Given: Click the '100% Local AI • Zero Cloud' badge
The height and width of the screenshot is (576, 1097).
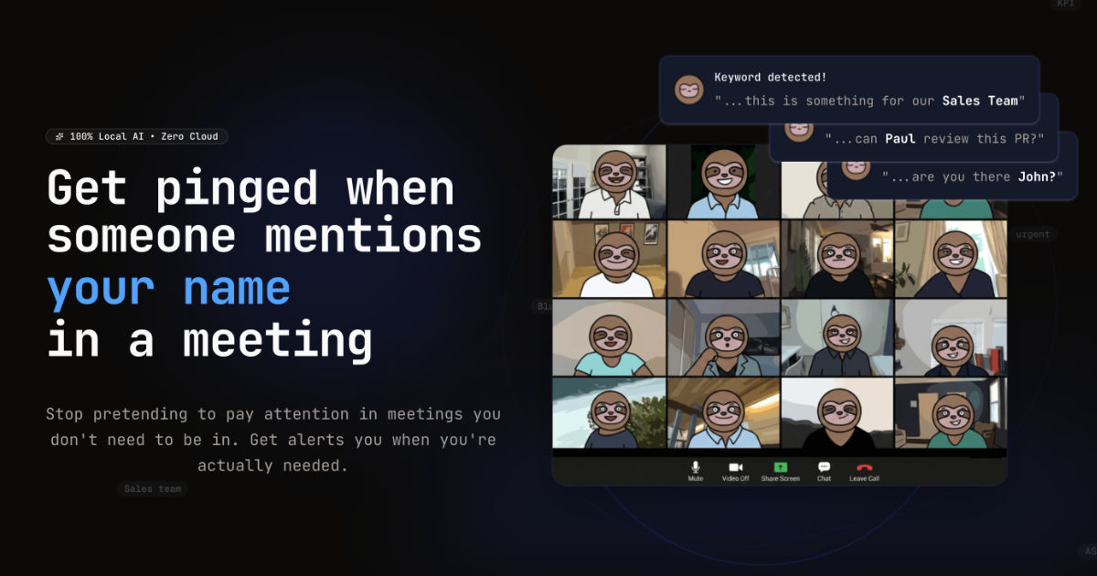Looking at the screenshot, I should [137, 136].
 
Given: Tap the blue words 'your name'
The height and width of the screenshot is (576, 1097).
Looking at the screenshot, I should [169, 289].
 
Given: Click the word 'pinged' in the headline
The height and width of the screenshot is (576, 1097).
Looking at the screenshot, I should [236, 188].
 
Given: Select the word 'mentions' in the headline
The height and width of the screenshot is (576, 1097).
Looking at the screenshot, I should [373, 237].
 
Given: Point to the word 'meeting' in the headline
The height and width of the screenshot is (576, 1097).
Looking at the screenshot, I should [278, 340].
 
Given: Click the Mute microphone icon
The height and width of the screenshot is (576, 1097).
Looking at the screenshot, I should [696, 467].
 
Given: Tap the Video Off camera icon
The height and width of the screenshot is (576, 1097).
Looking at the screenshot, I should [735, 467].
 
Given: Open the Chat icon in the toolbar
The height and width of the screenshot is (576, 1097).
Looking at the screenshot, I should [824, 467].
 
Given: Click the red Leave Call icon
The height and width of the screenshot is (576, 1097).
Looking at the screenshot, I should [864, 467].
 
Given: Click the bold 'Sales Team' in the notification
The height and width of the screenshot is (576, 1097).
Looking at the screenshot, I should [979, 101].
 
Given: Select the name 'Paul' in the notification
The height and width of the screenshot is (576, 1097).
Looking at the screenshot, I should [900, 139].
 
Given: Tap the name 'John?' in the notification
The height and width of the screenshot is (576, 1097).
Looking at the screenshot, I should [1040, 176].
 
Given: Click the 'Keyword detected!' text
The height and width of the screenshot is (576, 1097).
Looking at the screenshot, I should [770, 78].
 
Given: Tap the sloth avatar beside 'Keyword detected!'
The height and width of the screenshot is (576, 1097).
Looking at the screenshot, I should [688, 89].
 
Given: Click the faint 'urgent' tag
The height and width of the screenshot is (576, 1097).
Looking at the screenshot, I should [1033, 234].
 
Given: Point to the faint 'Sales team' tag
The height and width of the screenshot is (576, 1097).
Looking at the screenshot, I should [153, 489].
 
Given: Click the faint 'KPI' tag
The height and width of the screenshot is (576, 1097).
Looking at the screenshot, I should [1065, 4].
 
